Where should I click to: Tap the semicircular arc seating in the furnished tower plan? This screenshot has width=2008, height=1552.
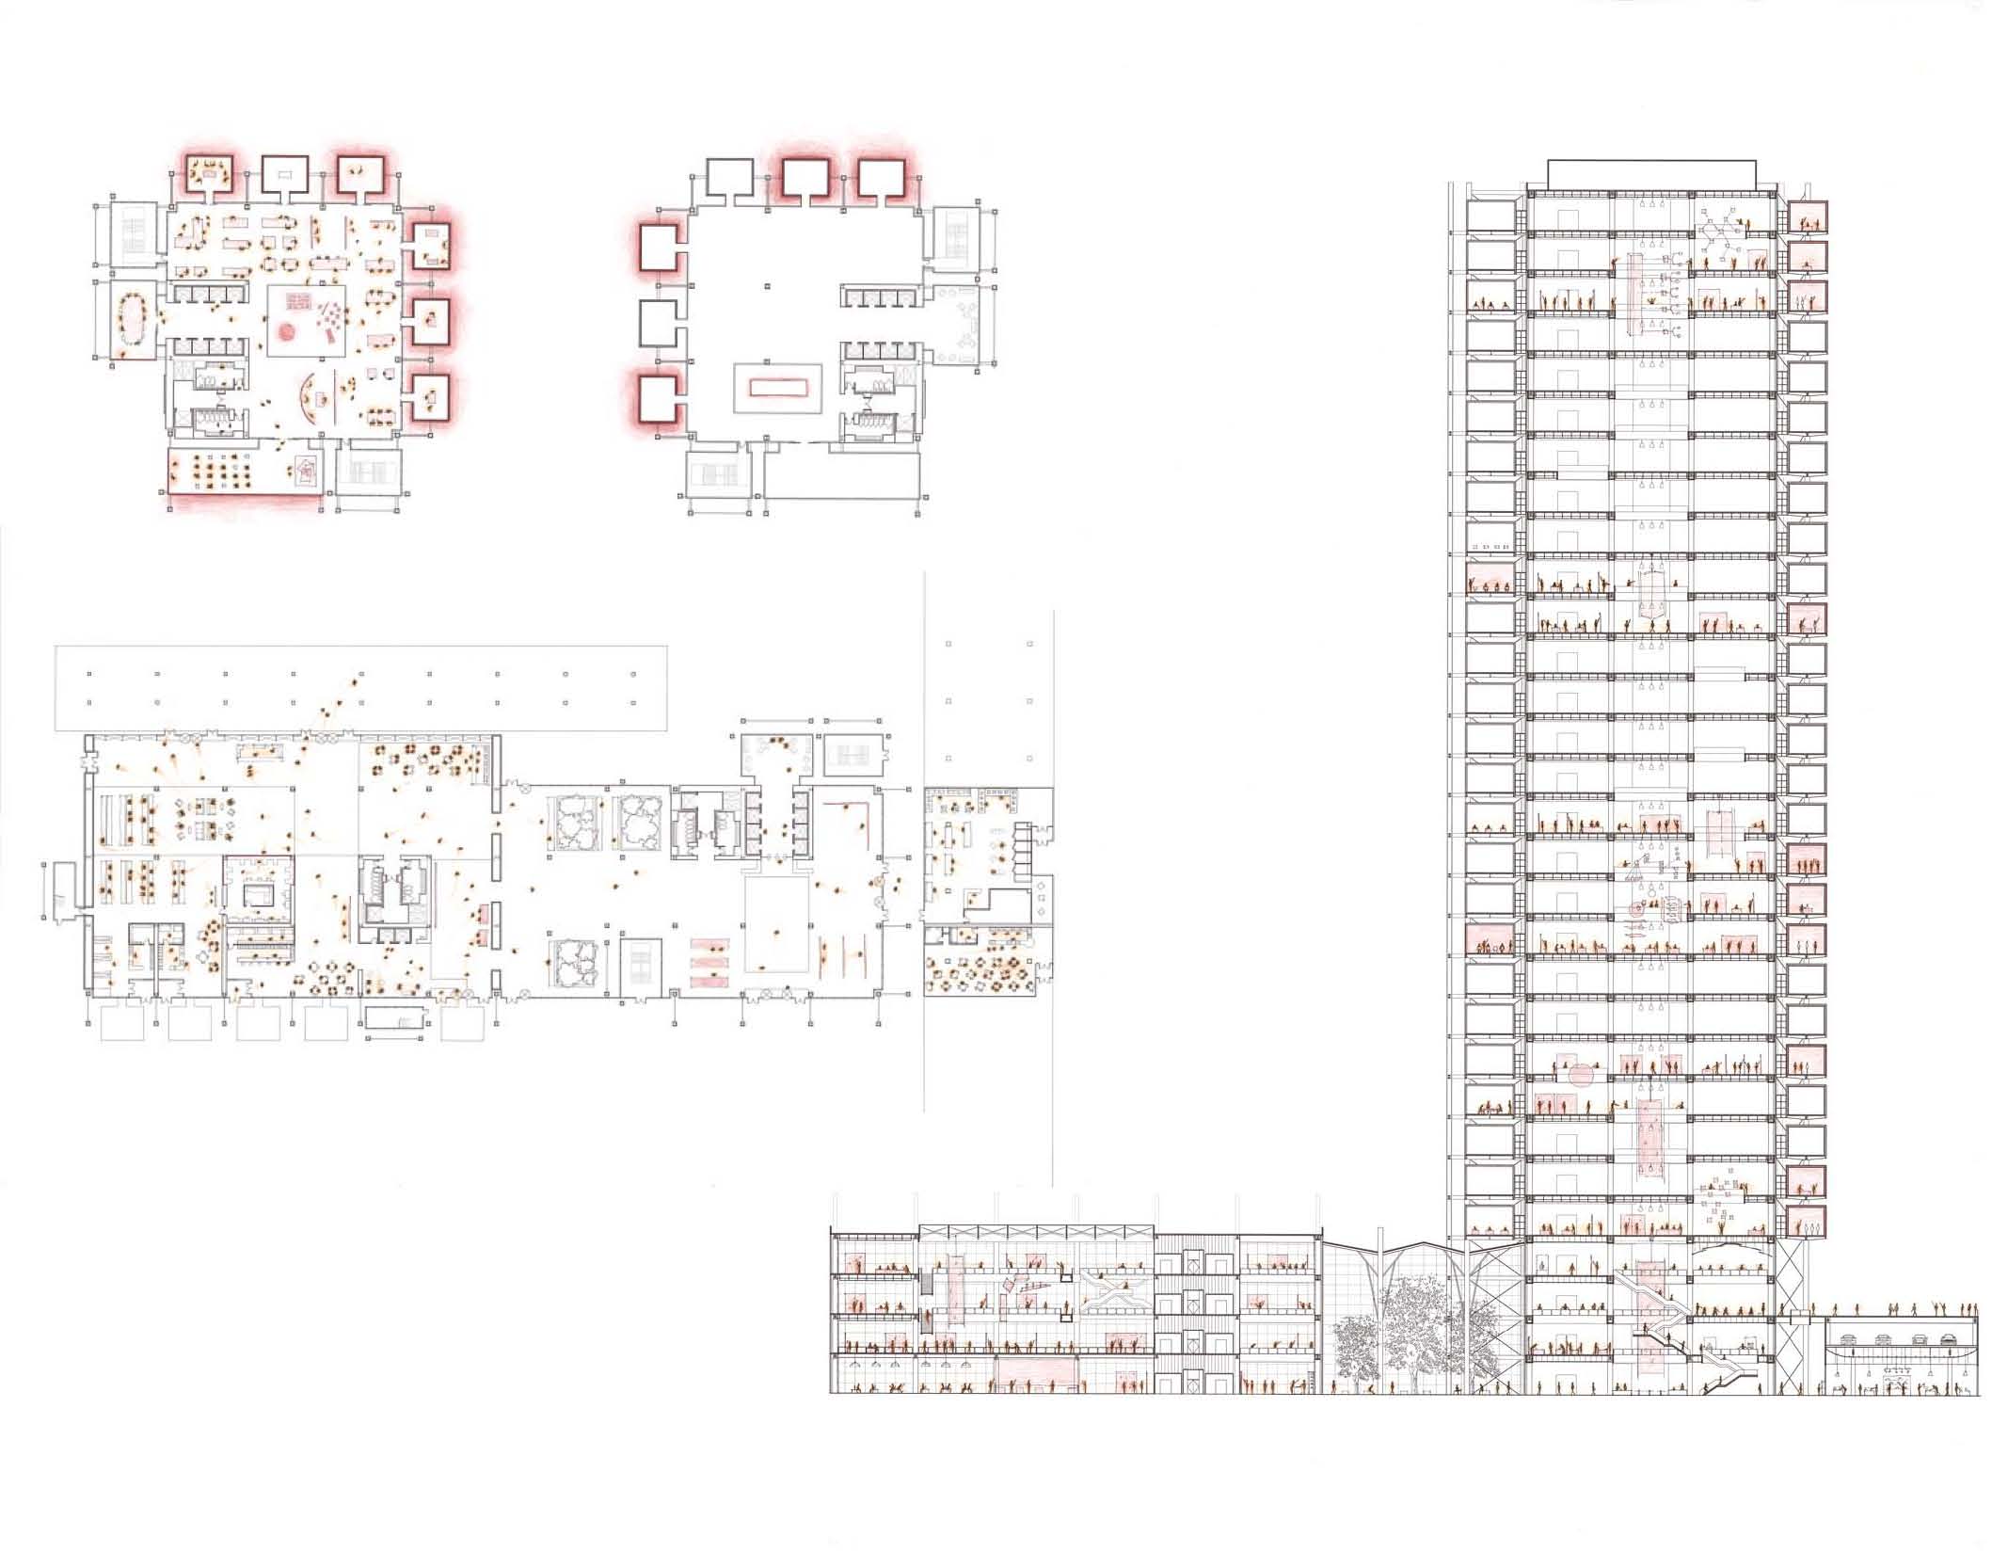coord(306,401)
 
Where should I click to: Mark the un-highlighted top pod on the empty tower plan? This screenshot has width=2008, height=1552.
coord(729,180)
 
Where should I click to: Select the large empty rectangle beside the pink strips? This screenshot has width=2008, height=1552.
coord(777,924)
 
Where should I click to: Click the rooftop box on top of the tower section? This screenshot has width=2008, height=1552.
coord(1651,173)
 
